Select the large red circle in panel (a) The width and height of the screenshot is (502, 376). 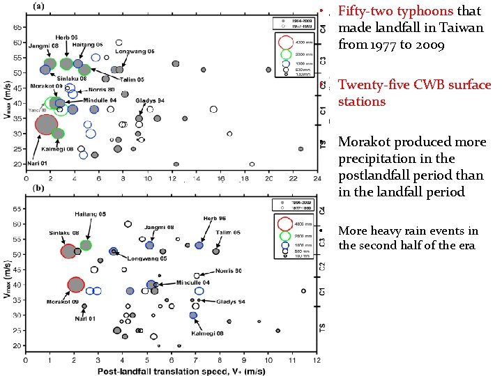(46, 125)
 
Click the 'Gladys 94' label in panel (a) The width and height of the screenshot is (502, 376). (150, 101)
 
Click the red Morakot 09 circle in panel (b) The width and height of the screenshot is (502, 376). (75, 284)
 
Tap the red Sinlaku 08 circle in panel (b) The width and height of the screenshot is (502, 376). (68, 251)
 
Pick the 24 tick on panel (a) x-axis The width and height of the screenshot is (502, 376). (317, 178)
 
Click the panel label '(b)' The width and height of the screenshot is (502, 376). (40, 189)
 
